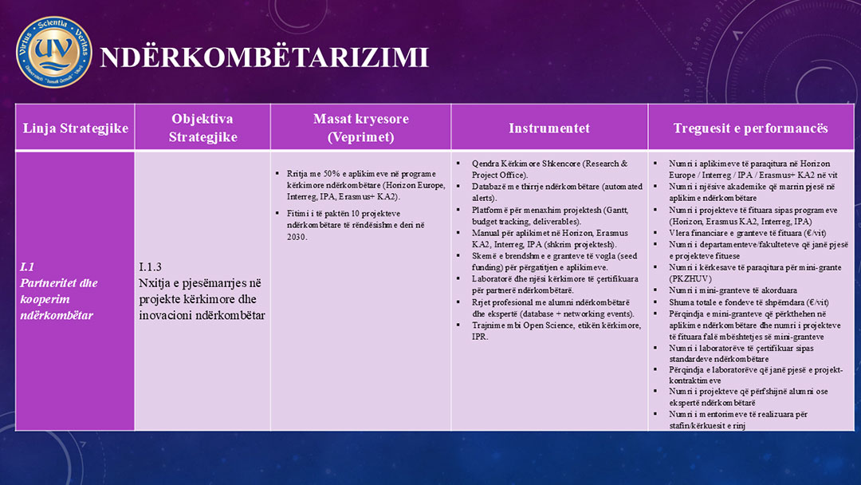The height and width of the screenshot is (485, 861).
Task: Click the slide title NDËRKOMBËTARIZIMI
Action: point(264,57)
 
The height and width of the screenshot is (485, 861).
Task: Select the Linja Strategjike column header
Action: point(76,128)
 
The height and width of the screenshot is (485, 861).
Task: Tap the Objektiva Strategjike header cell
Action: point(202,128)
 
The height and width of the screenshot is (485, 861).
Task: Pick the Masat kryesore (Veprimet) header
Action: point(360,128)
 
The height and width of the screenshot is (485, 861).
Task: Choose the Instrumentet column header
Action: point(549,128)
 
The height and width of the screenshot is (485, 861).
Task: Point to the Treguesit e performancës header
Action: point(750,128)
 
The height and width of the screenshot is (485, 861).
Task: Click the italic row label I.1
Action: point(26,267)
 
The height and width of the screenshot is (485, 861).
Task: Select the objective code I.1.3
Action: point(150,267)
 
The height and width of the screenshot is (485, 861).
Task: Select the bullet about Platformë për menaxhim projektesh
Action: point(539,215)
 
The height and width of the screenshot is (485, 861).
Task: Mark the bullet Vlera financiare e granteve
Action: point(741,232)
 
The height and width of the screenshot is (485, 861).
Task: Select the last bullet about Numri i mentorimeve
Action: point(738,420)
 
